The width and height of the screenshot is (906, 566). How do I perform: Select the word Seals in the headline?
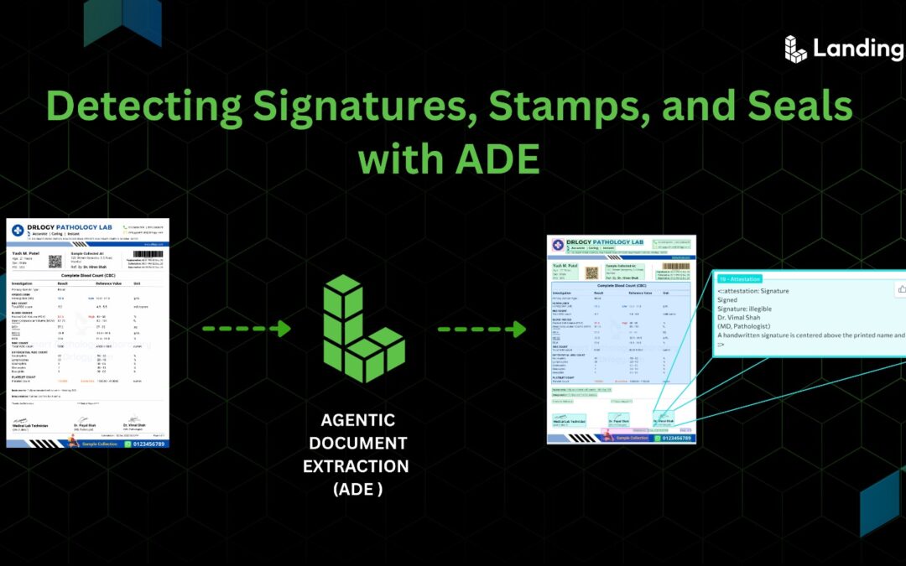pos(784,109)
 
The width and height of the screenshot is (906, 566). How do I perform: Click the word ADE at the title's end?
pos(497,158)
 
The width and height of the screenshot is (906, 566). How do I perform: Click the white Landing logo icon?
pos(795,49)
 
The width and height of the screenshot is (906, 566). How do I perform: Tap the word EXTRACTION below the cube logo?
pos(356,465)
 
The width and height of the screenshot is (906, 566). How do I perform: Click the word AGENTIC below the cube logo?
pos(357,419)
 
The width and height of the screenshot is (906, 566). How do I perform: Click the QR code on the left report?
pos(55,261)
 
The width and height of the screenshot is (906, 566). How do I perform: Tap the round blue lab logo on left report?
pos(18,231)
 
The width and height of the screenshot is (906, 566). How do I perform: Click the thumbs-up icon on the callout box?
pos(901,289)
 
